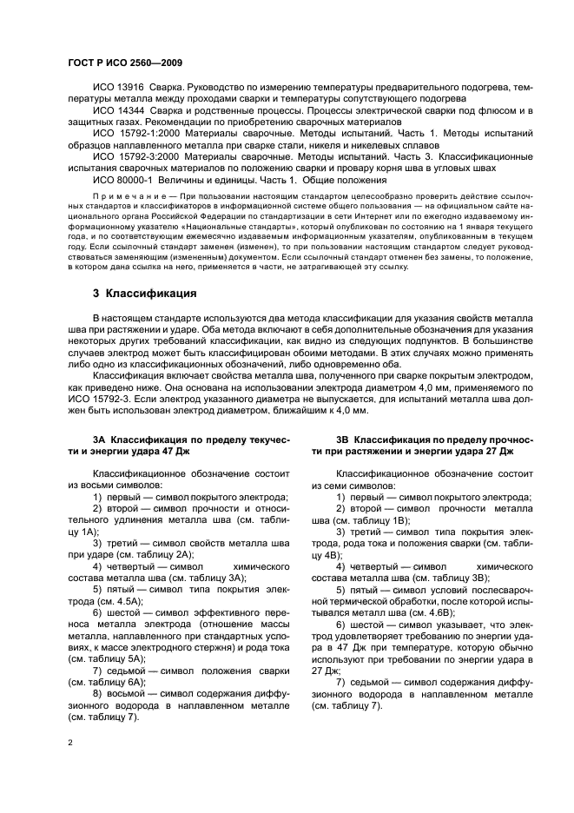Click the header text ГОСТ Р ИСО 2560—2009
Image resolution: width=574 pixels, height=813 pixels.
[124, 63]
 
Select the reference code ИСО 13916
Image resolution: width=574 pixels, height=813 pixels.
[118, 89]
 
